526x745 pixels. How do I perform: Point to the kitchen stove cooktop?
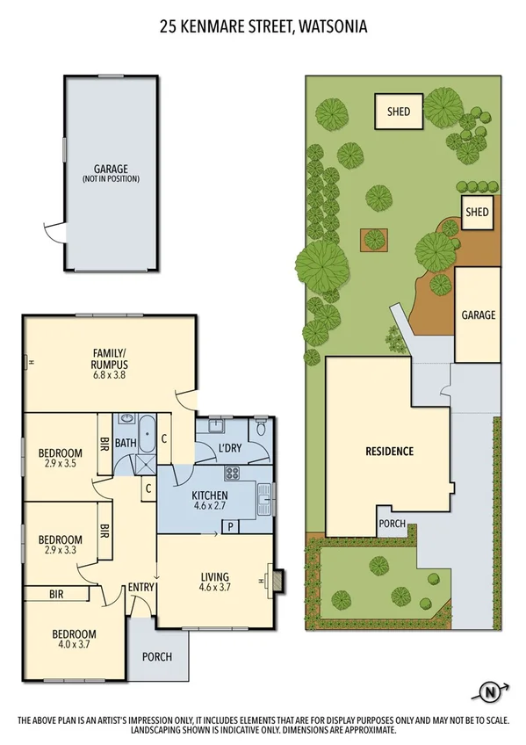[x=233, y=474]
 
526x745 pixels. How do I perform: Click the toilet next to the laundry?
[x=259, y=430]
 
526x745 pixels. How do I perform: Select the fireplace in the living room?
[x=275, y=581]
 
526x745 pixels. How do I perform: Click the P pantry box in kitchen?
[x=230, y=527]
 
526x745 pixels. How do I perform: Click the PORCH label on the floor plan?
[x=156, y=657]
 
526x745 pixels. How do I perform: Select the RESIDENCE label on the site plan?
[x=389, y=452]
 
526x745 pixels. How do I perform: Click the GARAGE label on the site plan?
[x=479, y=315]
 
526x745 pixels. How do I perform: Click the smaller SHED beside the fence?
[x=476, y=212]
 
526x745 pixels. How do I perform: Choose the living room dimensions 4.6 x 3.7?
[x=214, y=589]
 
